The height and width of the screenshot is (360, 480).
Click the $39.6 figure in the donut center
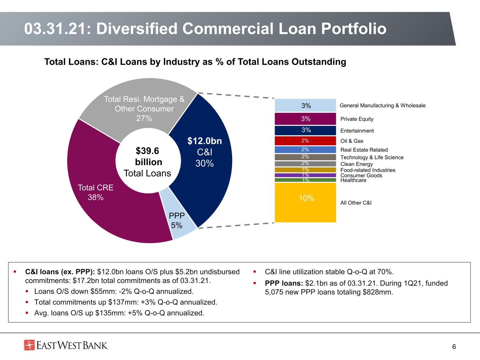click(x=147, y=150)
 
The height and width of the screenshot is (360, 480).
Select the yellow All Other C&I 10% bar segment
click(x=305, y=202)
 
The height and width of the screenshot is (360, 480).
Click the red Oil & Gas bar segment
click(x=305, y=141)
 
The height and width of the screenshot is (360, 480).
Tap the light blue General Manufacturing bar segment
click(x=305, y=105)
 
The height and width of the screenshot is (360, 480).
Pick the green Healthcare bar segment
click(x=305, y=180)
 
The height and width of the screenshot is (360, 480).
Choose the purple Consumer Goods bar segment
click(x=305, y=175)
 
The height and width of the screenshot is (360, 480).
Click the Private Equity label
click(x=357, y=119)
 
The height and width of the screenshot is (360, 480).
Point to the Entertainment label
click(x=357, y=131)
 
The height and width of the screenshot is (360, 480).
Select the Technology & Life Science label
click(x=372, y=157)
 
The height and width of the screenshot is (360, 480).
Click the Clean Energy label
click(x=357, y=164)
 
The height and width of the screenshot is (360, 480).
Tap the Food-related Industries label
click(x=368, y=170)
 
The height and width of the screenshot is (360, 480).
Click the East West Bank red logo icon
click(x=29, y=345)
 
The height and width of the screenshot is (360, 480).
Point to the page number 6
click(x=454, y=347)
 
